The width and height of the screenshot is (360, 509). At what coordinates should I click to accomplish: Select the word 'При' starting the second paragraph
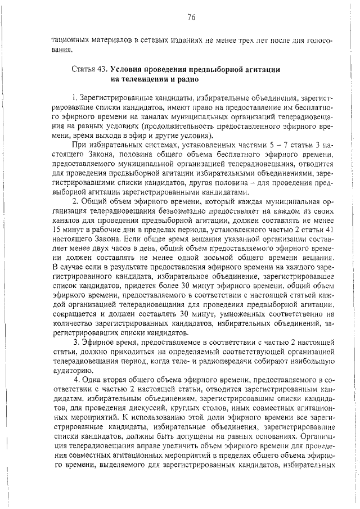(78, 146)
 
